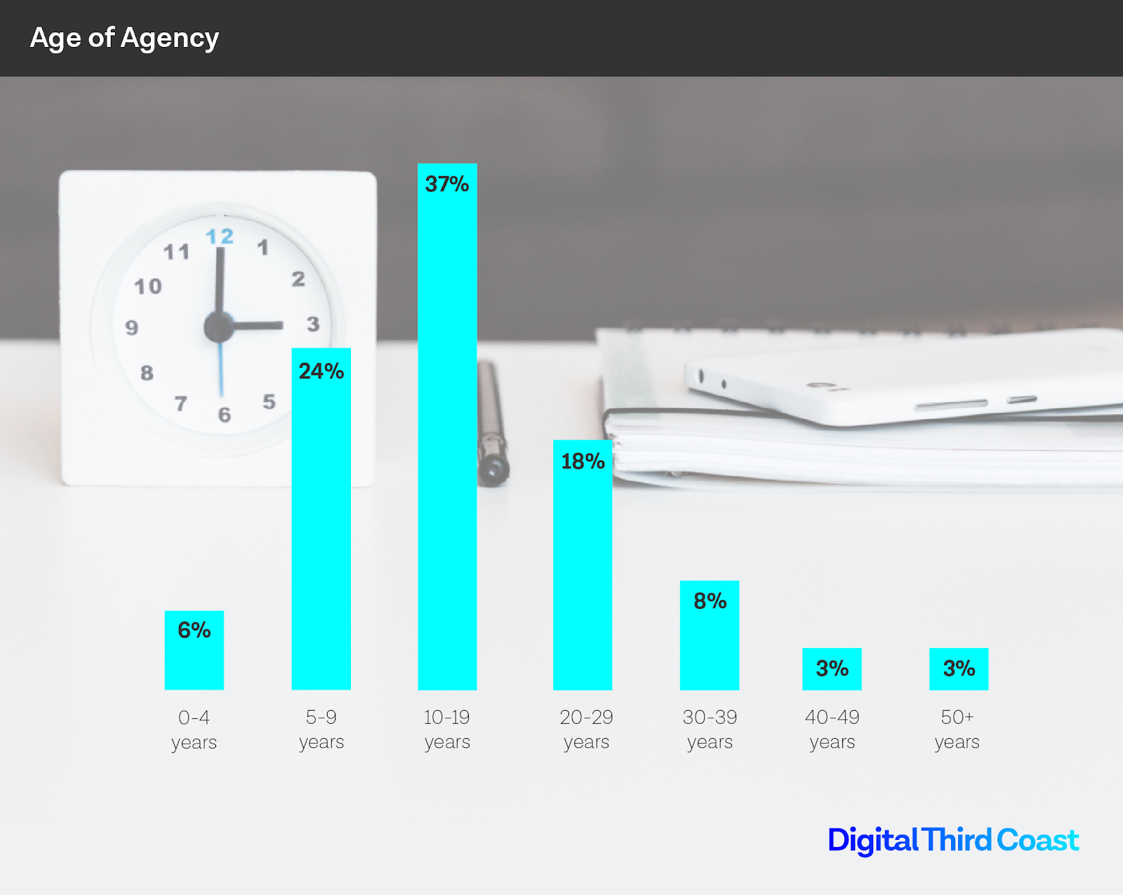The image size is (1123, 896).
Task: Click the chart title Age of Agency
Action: pos(124,38)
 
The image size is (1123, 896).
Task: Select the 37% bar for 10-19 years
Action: pos(447,435)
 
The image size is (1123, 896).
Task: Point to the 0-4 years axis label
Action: pos(194,730)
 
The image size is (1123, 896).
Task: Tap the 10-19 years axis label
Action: pos(447,730)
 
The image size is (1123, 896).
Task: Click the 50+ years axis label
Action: pos(957,730)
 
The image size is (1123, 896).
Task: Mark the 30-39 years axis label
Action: pos(710,730)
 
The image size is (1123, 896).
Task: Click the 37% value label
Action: pos(447,184)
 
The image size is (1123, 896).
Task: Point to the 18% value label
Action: pos(583,461)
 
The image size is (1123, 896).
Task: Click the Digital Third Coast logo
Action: pos(953,841)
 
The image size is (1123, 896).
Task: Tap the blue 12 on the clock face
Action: pos(220,237)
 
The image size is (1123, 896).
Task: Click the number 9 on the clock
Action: pos(132,328)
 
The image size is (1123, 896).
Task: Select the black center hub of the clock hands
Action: pos(218,327)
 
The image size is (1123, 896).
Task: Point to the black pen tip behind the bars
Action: pos(493,469)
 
